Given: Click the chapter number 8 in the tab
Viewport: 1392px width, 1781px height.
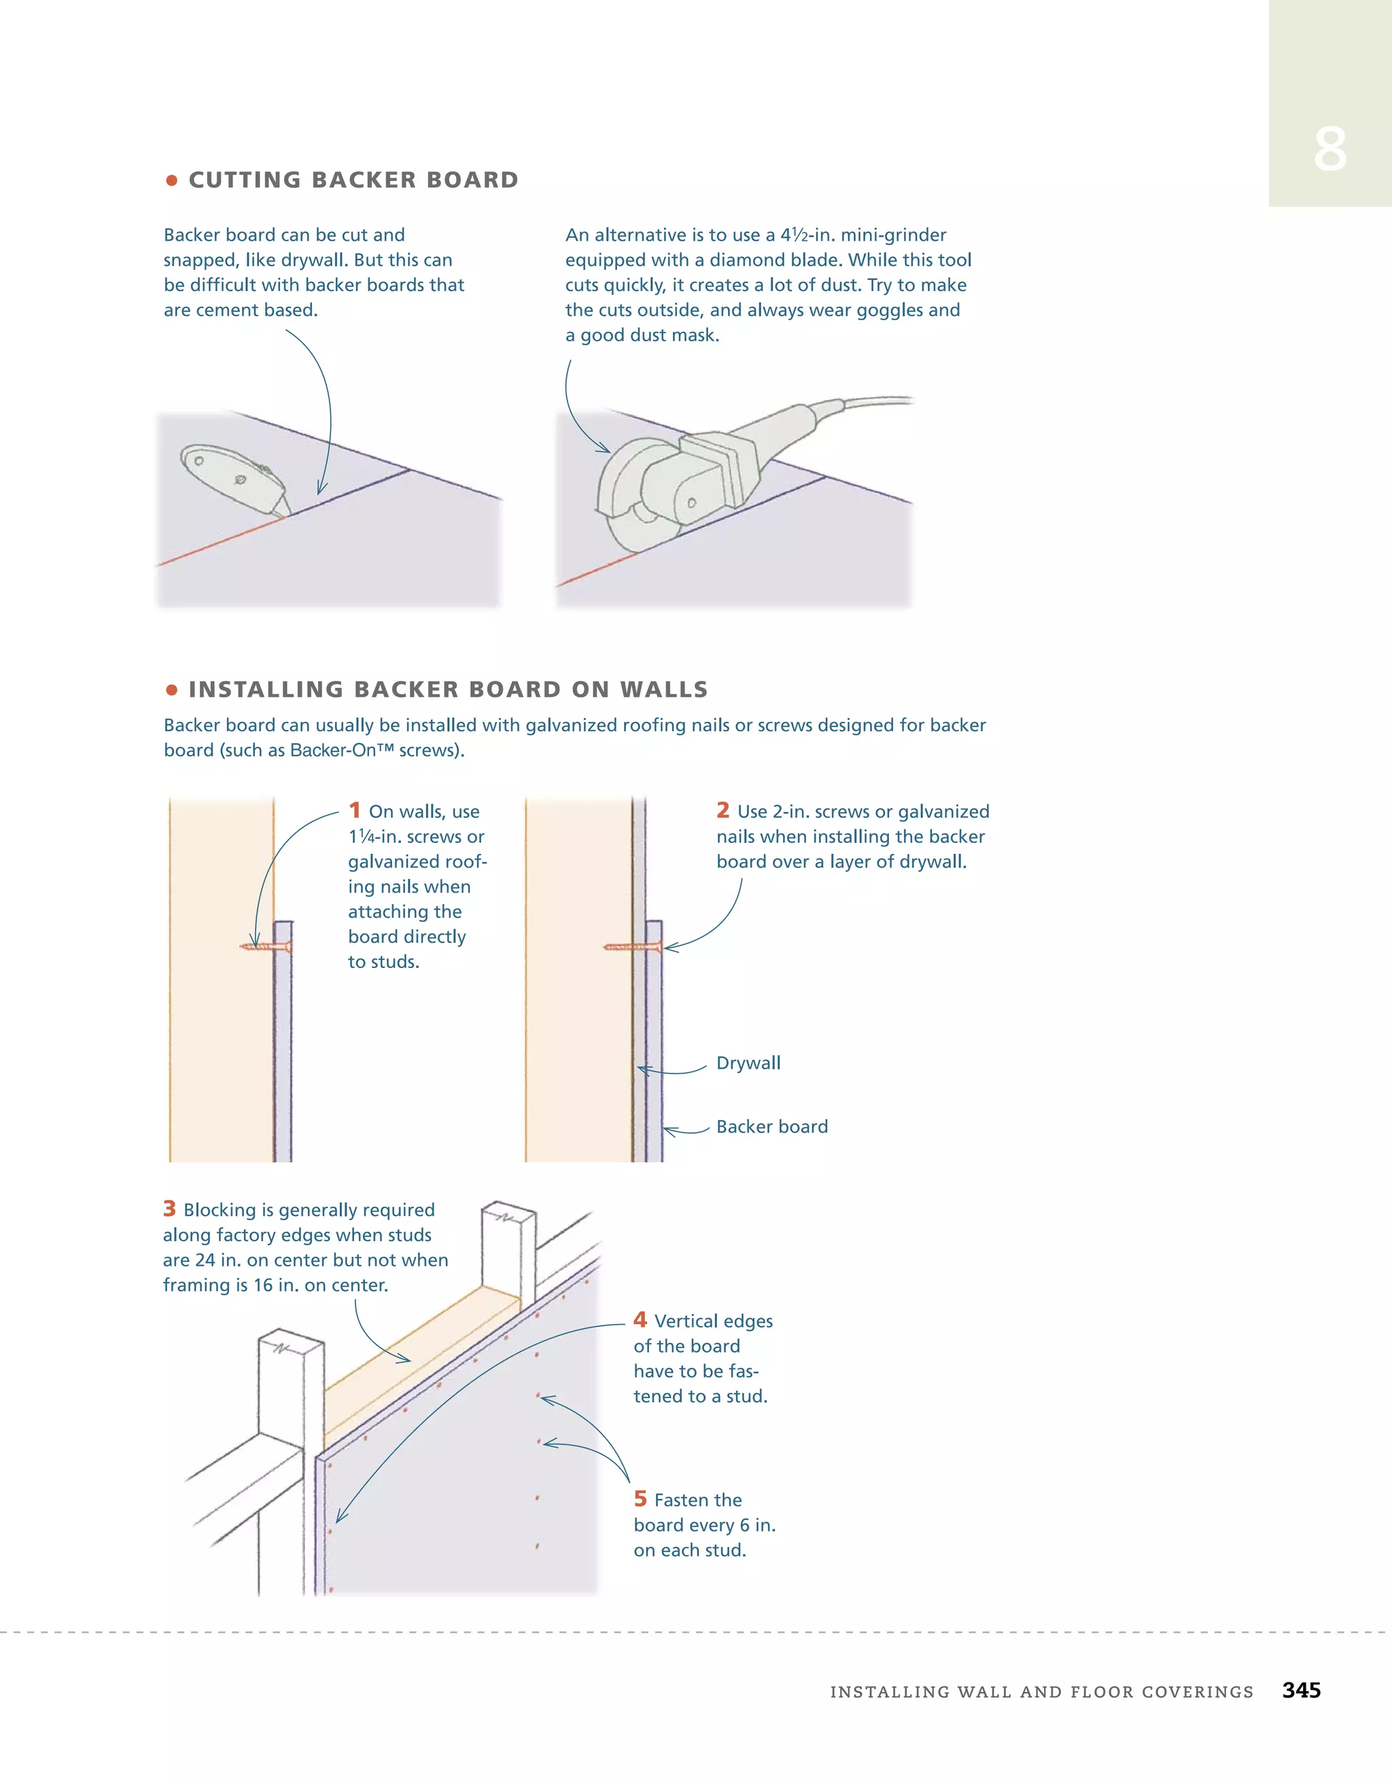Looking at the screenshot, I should [1329, 150].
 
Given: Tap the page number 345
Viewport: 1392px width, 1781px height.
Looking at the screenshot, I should [1301, 1690].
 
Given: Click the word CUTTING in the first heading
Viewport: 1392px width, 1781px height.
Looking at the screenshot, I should [245, 180].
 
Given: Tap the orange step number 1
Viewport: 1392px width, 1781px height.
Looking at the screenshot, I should [355, 810].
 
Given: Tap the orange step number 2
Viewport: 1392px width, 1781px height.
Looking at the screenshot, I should [723, 810].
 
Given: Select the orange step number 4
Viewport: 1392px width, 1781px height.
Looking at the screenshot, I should [640, 1319].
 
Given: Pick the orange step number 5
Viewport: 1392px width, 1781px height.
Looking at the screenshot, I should [640, 1499].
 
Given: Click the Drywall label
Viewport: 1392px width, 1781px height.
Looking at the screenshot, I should [748, 1063].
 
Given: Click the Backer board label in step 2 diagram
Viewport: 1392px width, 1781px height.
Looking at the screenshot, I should [771, 1127].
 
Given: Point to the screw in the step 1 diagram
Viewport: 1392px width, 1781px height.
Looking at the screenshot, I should [266, 947].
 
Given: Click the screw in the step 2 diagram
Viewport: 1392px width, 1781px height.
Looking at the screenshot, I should [632, 947].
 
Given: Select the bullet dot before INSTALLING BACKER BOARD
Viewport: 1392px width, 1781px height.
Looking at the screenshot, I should [171, 690].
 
